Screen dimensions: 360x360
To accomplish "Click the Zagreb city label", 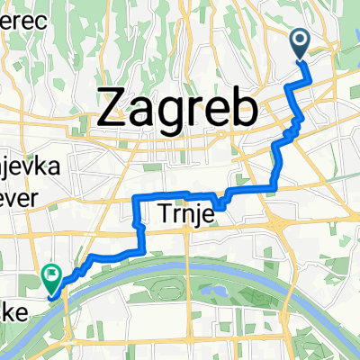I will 176,110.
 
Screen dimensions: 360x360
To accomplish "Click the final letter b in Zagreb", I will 244,108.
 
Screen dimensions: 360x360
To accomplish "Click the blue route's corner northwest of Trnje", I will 135,196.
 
